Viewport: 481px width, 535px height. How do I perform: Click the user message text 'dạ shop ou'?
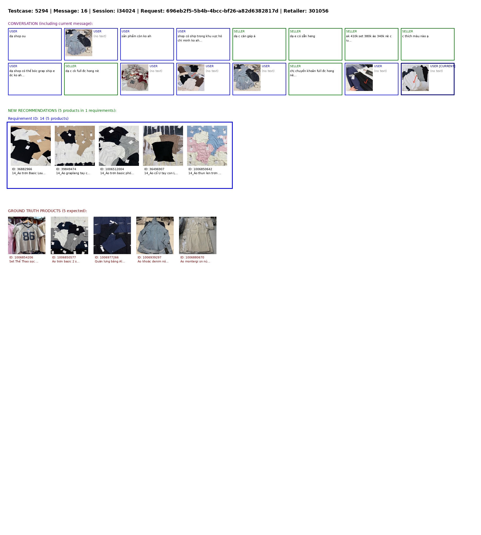coord(17,36)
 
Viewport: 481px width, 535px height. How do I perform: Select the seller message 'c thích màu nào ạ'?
coord(415,36)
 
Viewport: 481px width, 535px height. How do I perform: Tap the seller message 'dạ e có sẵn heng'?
coord(302,36)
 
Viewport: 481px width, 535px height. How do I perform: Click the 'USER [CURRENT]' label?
coord(443,66)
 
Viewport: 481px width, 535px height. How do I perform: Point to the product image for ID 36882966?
coord(31,146)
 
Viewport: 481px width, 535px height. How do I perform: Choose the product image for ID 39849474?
coord(75,146)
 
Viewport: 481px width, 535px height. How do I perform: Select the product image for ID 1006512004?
coord(119,146)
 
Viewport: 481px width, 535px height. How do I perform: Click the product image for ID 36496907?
coord(163,146)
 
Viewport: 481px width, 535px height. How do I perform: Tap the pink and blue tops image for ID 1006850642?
coord(207,146)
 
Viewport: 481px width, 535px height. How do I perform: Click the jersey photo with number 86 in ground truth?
coord(27,235)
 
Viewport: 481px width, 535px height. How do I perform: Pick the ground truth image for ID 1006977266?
coord(112,235)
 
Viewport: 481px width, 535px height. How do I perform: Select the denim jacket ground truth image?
coord(155,235)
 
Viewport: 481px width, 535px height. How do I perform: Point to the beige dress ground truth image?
coord(198,235)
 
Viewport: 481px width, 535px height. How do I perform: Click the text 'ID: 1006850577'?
coord(64,257)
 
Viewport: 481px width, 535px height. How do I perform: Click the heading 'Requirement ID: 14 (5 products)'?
coord(38,119)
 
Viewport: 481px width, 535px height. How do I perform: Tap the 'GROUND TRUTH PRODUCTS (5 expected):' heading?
coord(48,211)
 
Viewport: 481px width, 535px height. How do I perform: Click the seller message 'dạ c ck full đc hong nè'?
coord(82,71)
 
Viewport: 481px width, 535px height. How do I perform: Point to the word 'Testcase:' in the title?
coord(21,11)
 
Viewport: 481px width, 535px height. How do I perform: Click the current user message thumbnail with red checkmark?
coord(416,78)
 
